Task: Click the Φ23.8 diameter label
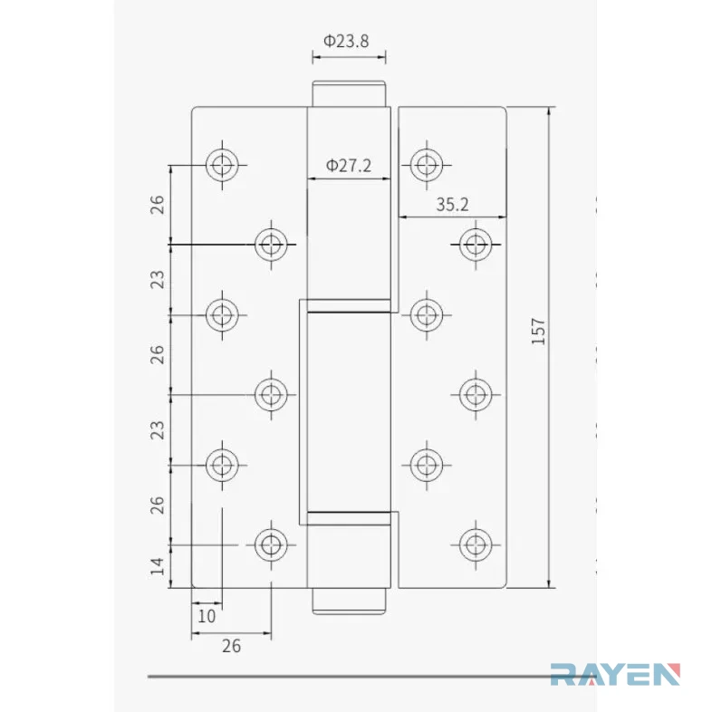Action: tap(346, 41)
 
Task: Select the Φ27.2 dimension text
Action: tap(348, 165)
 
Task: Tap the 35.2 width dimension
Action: tap(452, 205)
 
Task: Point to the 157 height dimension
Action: tap(538, 332)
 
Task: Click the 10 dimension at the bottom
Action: tap(207, 616)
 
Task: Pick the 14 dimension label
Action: tap(157, 566)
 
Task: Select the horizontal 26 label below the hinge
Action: tap(231, 646)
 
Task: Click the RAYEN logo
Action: tap(615, 674)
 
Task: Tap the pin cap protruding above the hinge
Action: tap(349, 93)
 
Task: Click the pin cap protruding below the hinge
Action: tap(349, 601)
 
